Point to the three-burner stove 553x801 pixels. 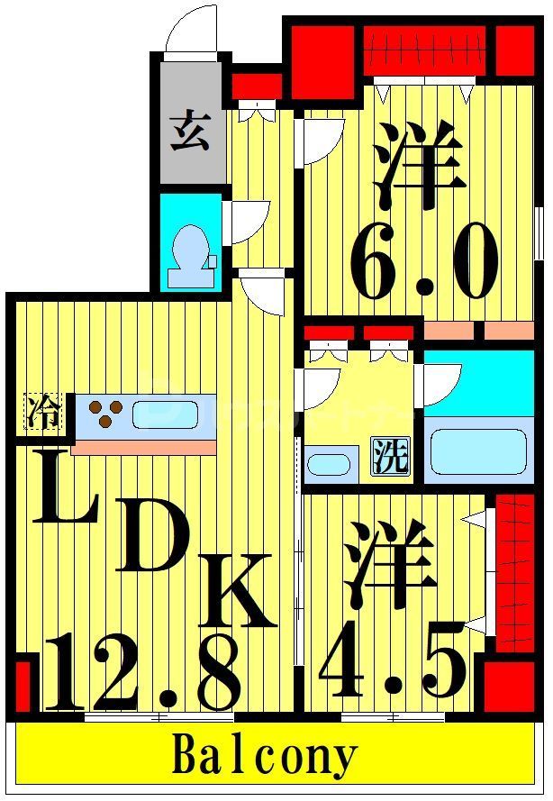(105, 414)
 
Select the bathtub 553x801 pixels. (477, 451)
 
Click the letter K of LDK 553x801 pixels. (236, 590)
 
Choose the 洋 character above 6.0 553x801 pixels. (419, 164)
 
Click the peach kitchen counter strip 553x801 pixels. (144, 447)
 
